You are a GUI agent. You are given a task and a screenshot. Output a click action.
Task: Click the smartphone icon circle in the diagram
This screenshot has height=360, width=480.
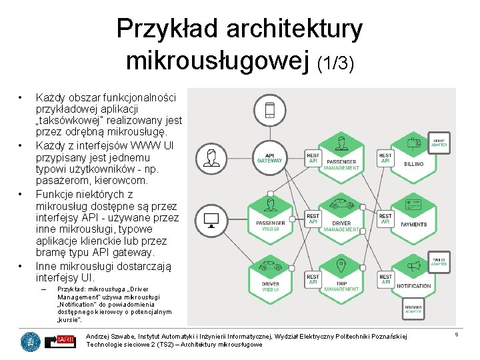tap(269, 110)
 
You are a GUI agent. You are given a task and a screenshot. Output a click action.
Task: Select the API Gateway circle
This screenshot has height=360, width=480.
tap(269, 157)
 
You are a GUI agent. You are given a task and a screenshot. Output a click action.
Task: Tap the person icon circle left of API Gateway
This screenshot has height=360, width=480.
tap(213, 158)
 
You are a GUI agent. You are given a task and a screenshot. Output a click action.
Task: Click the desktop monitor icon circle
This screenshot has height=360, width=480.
tap(213, 219)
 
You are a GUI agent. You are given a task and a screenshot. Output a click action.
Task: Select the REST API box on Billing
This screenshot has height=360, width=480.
tap(385, 158)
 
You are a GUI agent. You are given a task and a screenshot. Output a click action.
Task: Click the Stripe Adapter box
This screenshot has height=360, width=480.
tap(439, 141)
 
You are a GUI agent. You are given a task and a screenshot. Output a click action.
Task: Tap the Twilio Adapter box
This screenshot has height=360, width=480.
tap(439, 262)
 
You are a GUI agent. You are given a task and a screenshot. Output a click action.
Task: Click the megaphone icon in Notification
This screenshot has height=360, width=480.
tap(415, 266)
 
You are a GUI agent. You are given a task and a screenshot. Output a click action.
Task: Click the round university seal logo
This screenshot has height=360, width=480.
tap(30, 341)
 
